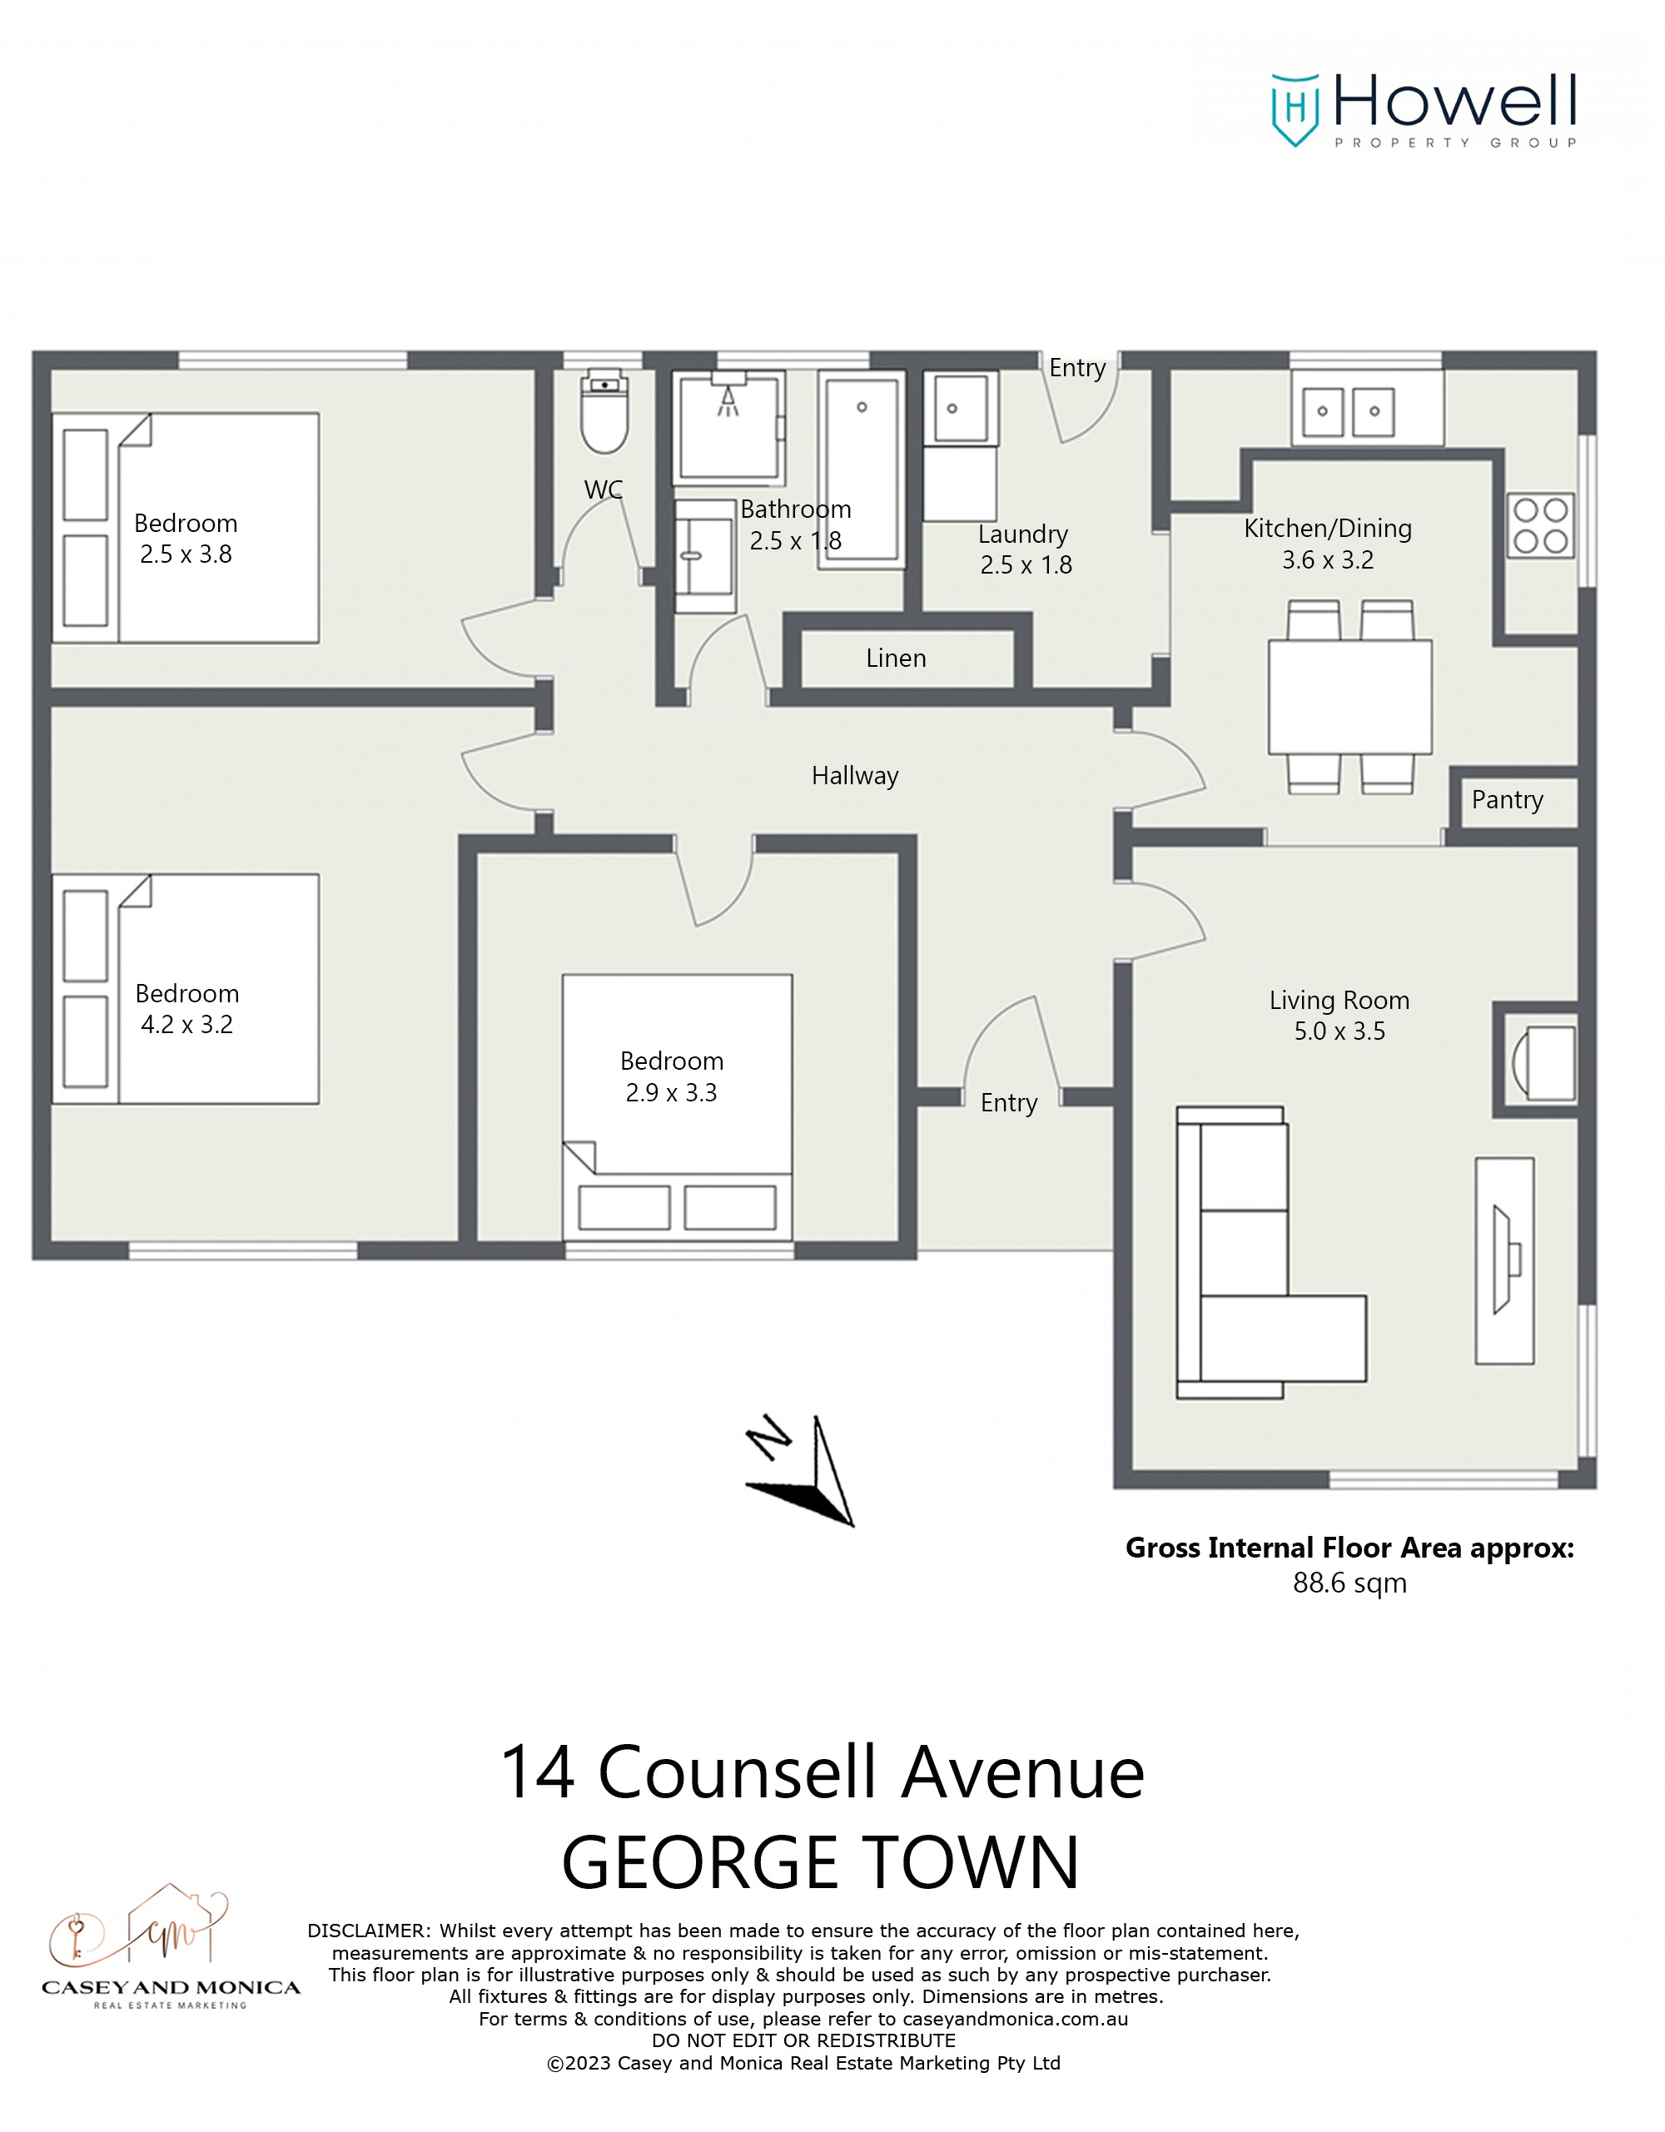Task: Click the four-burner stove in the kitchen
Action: (1540, 525)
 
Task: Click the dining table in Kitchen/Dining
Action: (1349, 696)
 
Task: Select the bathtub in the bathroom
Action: (861, 470)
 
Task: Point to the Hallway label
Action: (854, 776)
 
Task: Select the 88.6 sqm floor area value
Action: (1349, 1583)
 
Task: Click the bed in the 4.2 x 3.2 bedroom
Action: (186, 989)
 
